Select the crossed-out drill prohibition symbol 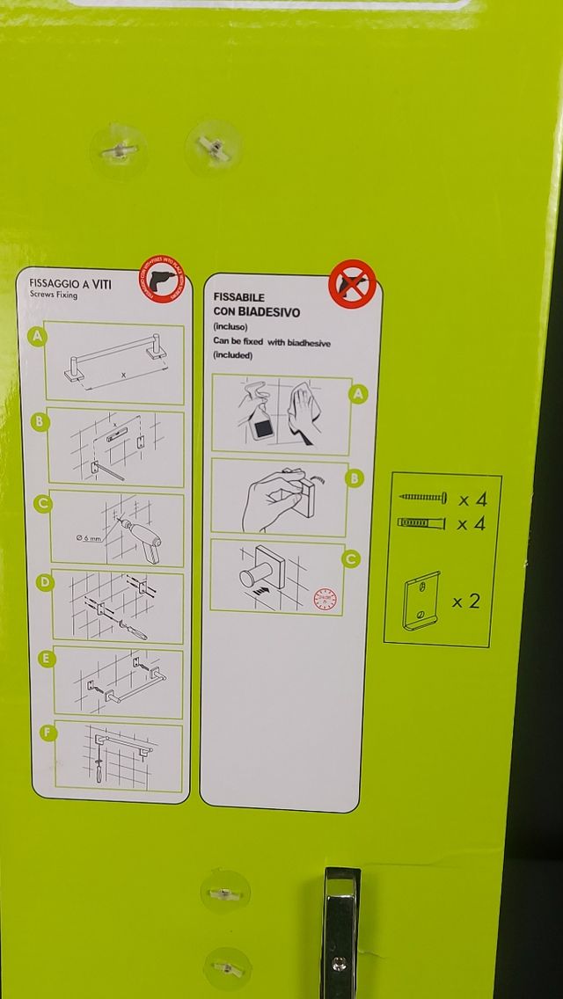click(352, 285)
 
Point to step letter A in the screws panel click(37, 335)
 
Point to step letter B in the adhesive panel click(354, 478)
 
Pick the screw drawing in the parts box click(423, 499)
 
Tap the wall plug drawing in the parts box click(422, 523)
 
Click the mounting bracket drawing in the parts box click(421, 600)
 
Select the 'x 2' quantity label click(466, 602)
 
